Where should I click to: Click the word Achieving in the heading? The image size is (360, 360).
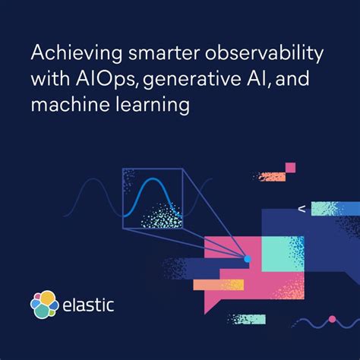[x=67, y=55]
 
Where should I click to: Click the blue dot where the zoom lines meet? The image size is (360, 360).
[x=247, y=260]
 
